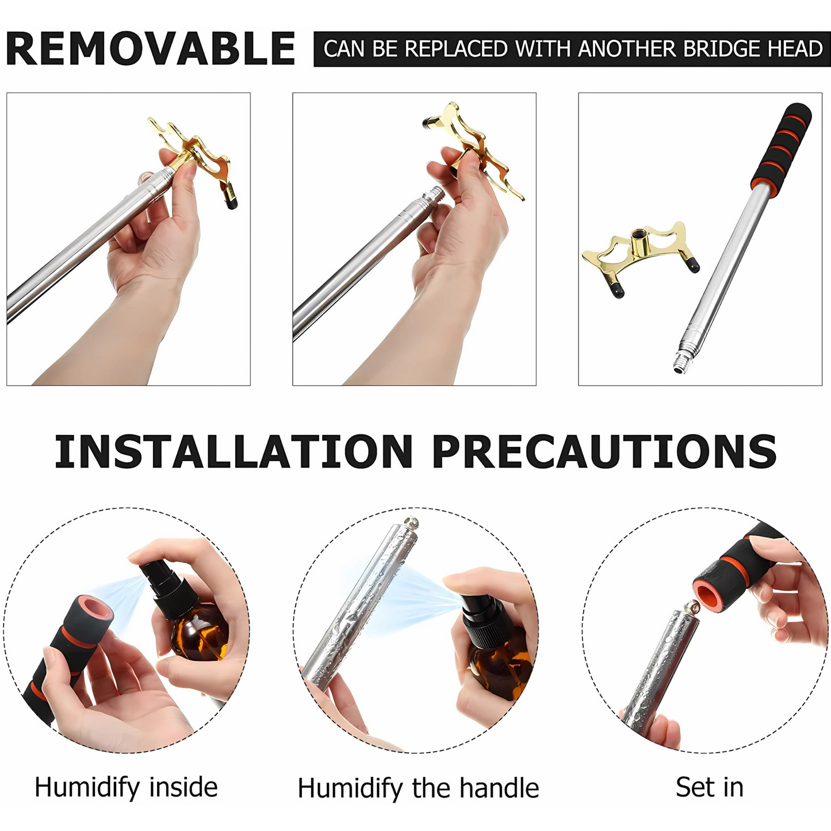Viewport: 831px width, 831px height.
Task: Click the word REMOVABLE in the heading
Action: pyautogui.click(x=151, y=48)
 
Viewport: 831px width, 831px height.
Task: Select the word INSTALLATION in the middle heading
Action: pyautogui.click(x=233, y=451)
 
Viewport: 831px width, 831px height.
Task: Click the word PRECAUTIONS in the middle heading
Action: pyautogui.click(x=604, y=451)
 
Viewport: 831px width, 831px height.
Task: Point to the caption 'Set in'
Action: pyautogui.click(x=710, y=787)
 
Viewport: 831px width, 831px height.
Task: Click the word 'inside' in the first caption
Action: pyautogui.click(x=183, y=787)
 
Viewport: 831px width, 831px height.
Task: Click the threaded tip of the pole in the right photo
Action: pyautogui.click(x=680, y=362)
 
